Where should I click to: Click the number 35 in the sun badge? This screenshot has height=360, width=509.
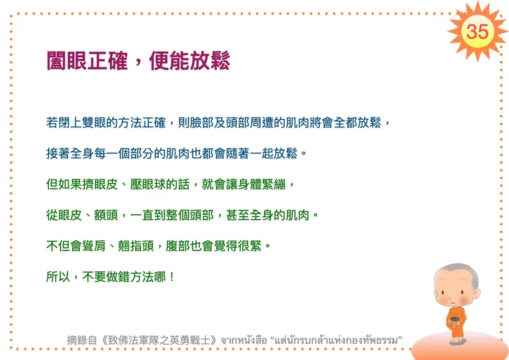pyautogui.click(x=477, y=31)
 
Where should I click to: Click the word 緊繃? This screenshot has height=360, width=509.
pyautogui.click(x=281, y=184)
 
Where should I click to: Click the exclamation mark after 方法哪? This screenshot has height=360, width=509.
pyautogui.click(x=172, y=277)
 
